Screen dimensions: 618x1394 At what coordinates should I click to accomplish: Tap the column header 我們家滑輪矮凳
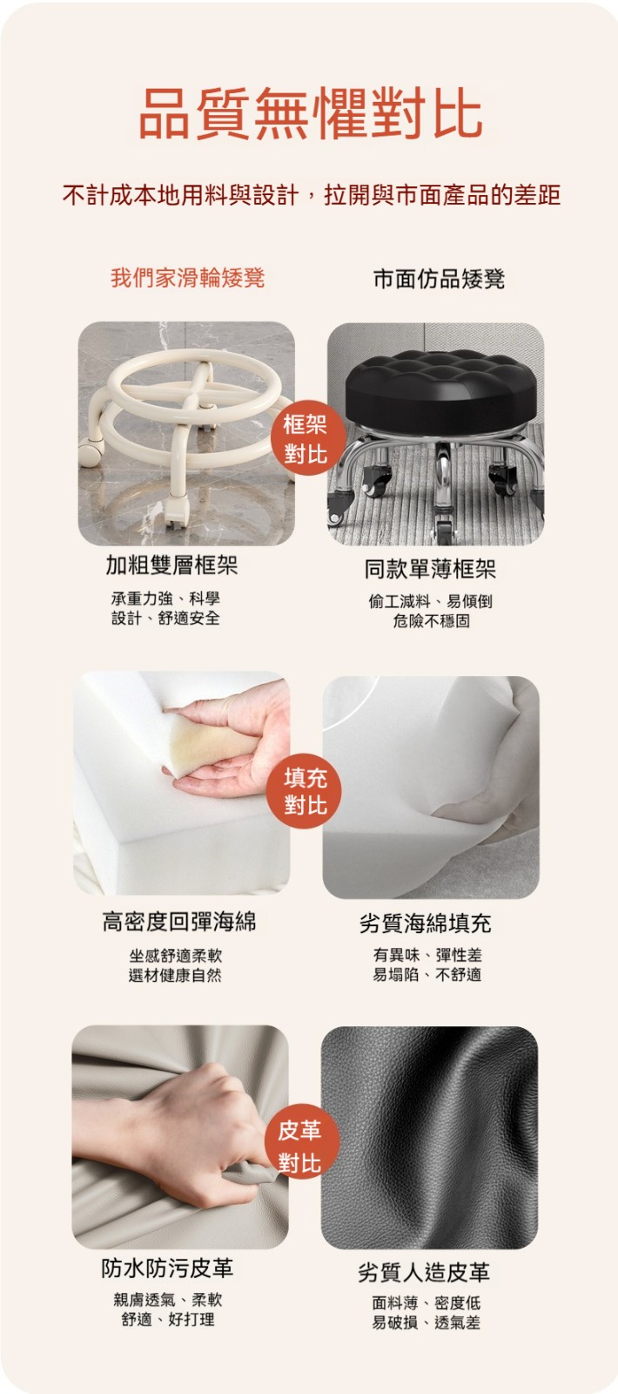point(188,278)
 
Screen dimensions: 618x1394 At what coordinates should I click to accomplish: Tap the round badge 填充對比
point(305,792)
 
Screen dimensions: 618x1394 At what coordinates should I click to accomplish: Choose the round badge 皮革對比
point(300,1146)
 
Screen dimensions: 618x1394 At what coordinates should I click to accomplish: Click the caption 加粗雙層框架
point(171,565)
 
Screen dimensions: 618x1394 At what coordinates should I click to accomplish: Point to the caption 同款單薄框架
point(430,568)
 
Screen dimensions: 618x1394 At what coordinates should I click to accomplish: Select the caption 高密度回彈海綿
point(179,921)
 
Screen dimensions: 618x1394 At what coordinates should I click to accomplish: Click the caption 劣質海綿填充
point(426,924)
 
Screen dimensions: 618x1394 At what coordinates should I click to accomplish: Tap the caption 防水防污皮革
point(167,1268)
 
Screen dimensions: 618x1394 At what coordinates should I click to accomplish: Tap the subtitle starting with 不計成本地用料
point(312,195)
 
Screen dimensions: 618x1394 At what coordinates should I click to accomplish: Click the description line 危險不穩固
point(431,620)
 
